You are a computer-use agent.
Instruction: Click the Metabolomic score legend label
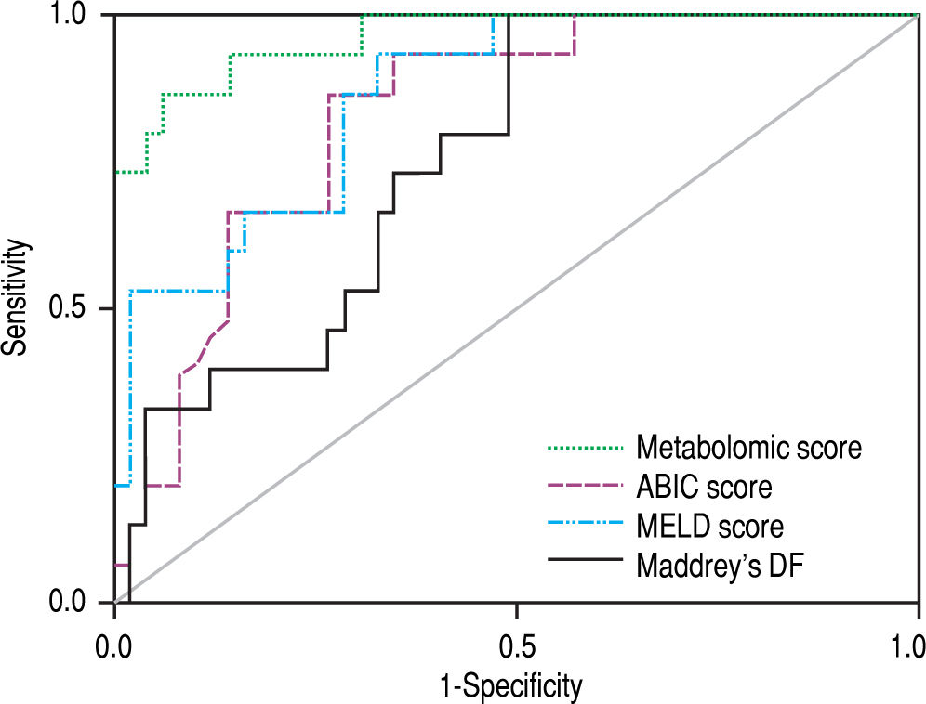[x=748, y=449]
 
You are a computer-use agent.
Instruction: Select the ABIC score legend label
[x=704, y=487]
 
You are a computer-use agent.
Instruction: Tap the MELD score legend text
[x=709, y=526]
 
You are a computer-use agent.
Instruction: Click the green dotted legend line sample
[x=584, y=449]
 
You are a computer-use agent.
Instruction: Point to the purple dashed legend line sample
[x=584, y=487]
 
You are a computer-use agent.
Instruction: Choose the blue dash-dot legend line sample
[x=584, y=526]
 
